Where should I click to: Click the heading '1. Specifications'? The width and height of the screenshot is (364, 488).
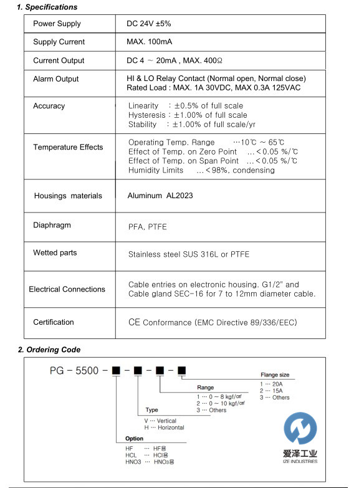pyautogui.click(x=47, y=7)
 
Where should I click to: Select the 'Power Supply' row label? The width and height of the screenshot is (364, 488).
pyautogui.click(x=57, y=24)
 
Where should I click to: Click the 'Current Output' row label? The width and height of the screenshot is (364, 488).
pyautogui.click(x=59, y=60)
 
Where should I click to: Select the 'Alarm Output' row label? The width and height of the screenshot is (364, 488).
pyautogui.click(x=56, y=79)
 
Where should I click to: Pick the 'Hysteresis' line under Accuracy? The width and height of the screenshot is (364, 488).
pyautogui.click(x=188, y=115)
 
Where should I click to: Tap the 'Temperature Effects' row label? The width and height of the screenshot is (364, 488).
pyautogui.click(x=68, y=147)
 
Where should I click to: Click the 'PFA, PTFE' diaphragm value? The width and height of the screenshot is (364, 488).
pyautogui.click(x=148, y=228)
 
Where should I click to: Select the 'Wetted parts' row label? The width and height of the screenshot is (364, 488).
pyautogui.click(x=55, y=253)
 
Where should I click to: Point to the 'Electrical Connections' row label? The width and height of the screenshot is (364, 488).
pyautogui.click(x=67, y=289)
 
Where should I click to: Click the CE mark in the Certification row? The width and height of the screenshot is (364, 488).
pyautogui.click(x=133, y=322)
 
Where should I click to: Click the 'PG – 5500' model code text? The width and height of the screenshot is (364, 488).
pyautogui.click(x=74, y=371)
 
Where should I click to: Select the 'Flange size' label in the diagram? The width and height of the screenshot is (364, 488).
pyautogui.click(x=274, y=375)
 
